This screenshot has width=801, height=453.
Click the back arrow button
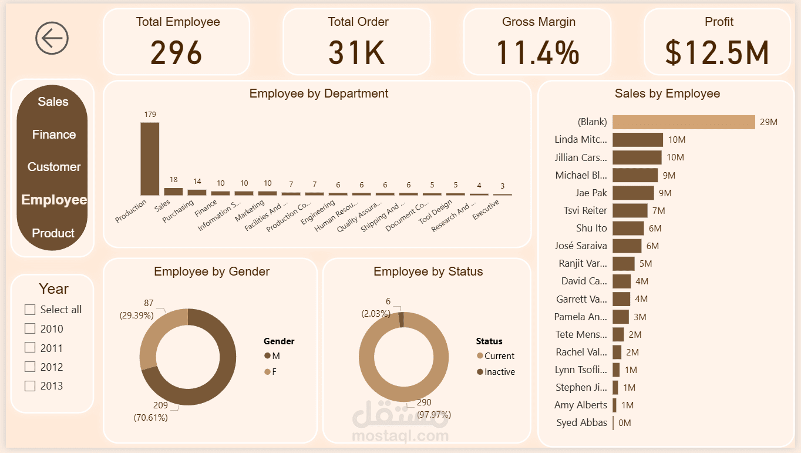52,38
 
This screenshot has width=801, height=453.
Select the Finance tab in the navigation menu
53,135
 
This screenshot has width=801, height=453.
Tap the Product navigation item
53,233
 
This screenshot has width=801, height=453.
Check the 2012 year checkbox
30,367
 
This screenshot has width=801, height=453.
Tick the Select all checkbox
30,310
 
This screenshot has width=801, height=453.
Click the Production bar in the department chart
150,159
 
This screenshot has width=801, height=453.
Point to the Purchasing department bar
197,192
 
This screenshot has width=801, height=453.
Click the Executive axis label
486,210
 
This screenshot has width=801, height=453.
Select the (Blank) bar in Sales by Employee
684,122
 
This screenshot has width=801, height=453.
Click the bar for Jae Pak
633,193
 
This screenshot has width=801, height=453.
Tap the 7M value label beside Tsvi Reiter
658,210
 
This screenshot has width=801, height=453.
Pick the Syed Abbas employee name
581,422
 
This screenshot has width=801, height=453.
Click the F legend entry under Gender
271,372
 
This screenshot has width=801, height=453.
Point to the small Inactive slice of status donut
402,320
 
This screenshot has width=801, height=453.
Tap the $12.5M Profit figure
717,52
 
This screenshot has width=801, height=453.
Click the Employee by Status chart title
428,271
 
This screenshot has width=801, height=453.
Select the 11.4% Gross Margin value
538,52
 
